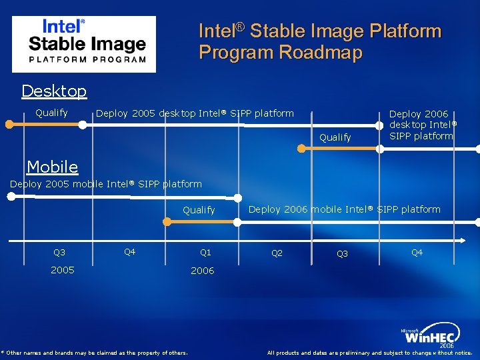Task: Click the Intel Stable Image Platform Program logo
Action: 84,43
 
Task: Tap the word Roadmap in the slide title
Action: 323,52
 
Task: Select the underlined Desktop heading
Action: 54,91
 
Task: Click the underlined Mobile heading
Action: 52,167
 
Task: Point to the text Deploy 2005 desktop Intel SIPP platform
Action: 195,113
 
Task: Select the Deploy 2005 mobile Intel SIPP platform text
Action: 106,184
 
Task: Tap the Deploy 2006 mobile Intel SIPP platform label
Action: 344,209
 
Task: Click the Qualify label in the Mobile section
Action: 199,210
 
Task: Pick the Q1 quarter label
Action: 205,253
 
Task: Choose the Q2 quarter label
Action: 277,253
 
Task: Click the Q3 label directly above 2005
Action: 59,253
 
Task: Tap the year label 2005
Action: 62,270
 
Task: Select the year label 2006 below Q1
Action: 202,271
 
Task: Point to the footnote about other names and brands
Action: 94,353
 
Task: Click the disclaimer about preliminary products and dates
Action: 369,353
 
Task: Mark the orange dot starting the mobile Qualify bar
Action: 167,221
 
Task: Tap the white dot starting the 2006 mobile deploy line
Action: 238,197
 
